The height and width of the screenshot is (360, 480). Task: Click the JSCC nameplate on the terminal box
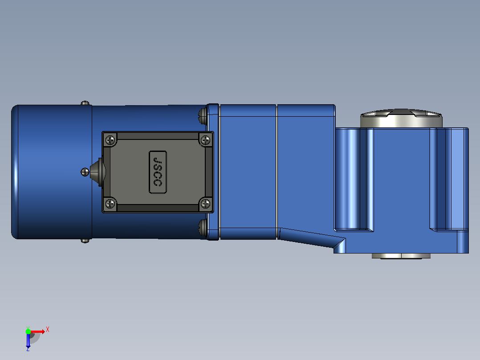click(x=158, y=172)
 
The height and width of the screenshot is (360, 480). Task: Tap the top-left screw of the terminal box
click(x=110, y=140)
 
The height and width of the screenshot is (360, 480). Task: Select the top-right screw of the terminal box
click(x=205, y=140)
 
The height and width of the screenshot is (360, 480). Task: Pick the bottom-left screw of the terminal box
click(x=110, y=203)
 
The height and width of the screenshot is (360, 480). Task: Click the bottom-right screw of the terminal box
click(x=205, y=203)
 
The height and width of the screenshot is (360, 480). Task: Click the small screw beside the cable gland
click(x=85, y=172)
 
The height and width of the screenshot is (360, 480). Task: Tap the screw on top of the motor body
click(x=85, y=103)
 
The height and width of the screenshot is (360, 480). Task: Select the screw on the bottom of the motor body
click(x=85, y=241)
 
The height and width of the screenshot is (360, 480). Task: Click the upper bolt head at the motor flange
click(x=203, y=116)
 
